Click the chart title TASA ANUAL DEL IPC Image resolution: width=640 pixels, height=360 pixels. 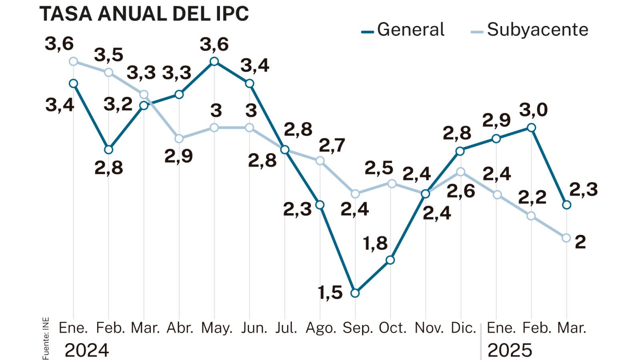click(x=144, y=14)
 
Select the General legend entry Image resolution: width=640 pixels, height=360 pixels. click(x=403, y=30)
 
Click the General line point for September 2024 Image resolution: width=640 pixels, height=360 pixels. click(x=355, y=293)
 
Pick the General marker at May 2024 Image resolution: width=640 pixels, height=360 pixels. click(x=214, y=61)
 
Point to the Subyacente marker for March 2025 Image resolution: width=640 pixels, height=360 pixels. click(x=566, y=238)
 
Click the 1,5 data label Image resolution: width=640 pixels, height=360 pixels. click(x=330, y=293)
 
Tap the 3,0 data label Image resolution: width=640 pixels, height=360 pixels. click(x=533, y=110)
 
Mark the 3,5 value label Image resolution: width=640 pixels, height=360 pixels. click(x=108, y=55)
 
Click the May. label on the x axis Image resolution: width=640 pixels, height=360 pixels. click(x=216, y=328)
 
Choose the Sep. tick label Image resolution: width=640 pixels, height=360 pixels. click(x=358, y=328)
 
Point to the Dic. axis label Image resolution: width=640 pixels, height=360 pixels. click(x=463, y=328)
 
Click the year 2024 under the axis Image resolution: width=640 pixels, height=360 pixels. click(x=87, y=350)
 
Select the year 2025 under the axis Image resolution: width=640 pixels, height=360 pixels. click(x=510, y=350)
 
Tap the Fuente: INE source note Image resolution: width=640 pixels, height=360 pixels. click(x=46, y=338)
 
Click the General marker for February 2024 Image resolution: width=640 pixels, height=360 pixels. click(x=108, y=150)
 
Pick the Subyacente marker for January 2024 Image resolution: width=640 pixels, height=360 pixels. click(x=73, y=61)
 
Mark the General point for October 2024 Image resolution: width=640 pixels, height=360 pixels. click(x=390, y=260)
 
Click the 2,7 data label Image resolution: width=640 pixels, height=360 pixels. click(x=332, y=146)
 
